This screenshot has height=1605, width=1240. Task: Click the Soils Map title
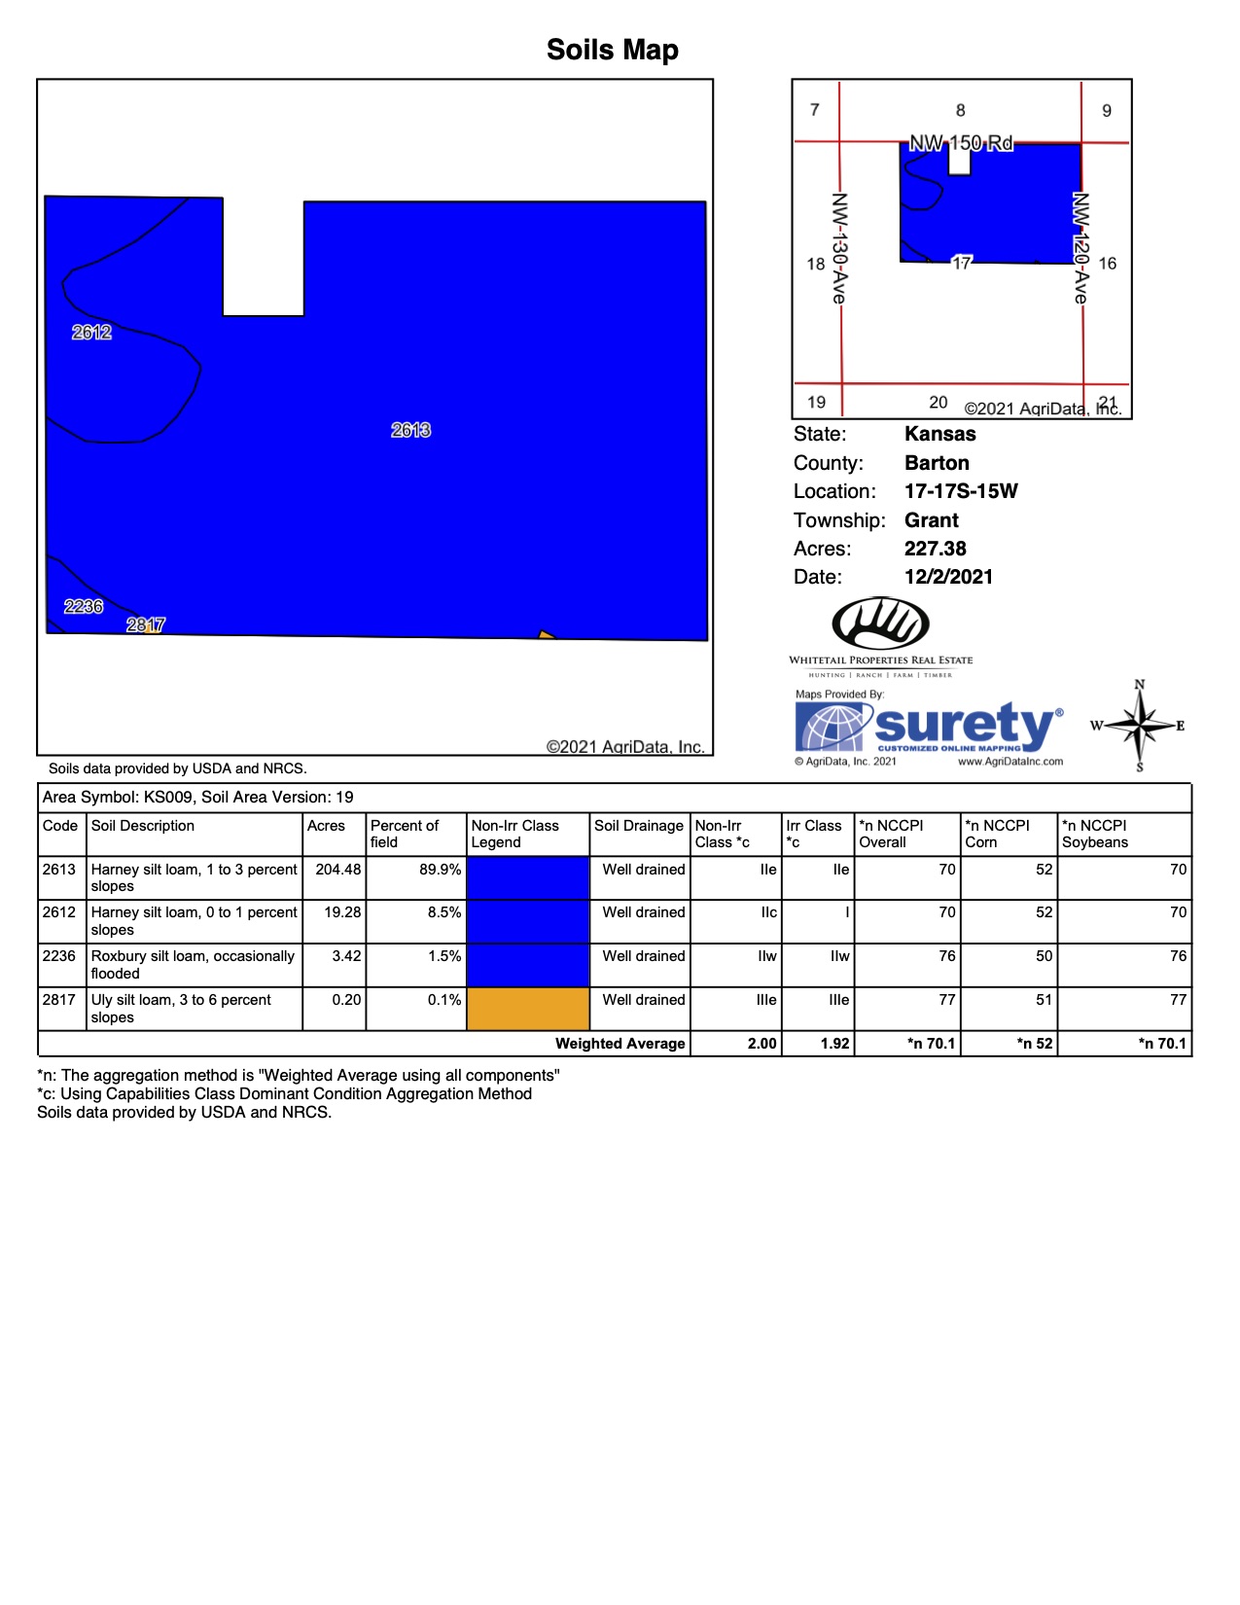(612, 50)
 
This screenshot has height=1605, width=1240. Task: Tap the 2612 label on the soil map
(91, 333)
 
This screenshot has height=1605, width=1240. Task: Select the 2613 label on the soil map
(410, 430)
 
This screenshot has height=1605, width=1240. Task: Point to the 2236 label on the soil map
(84, 607)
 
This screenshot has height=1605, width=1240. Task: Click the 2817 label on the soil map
(146, 624)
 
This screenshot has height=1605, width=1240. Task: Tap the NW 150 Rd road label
(961, 144)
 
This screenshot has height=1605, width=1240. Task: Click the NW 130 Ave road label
(838, 247)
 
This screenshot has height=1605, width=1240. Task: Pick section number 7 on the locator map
(815, 110)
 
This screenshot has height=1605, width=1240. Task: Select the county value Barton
(937, 463)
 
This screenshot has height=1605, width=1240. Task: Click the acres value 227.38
(935, 549)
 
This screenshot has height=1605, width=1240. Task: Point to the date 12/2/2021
(948, 577)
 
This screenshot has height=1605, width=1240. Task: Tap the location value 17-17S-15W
(961, 491)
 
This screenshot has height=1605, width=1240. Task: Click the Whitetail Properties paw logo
(880, 623)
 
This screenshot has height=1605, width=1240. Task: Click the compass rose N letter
(1140, 685)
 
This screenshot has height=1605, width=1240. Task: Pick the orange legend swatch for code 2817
(528, 1009)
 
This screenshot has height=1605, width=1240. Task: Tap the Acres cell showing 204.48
(337, 870)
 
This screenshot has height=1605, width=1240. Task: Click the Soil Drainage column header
(639, 826)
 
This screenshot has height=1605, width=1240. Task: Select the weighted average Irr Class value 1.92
(834, 1044)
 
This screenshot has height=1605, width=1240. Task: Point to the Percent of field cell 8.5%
(443, 912)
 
